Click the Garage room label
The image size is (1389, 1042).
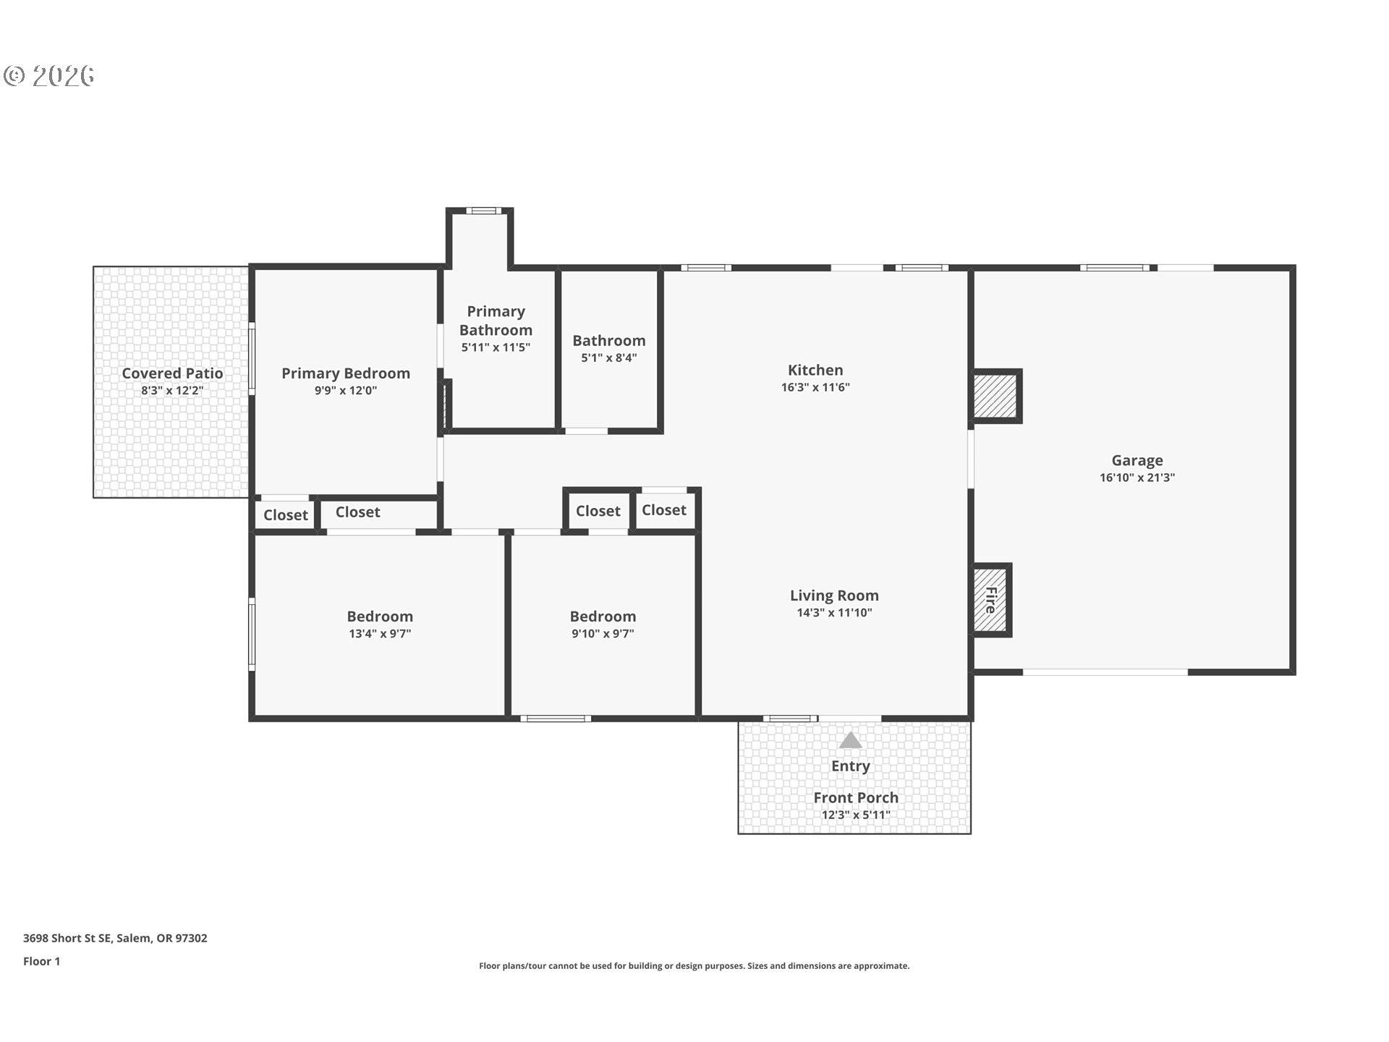[1137, 460]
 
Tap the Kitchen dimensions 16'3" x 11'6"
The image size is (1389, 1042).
[815, 387]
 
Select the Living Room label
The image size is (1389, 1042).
[833, 596]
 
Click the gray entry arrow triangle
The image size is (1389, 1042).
[850, 740]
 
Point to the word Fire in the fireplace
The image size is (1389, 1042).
[990, 600]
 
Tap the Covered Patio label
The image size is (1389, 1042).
[172, 373]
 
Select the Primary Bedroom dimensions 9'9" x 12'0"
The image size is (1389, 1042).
[345, 391]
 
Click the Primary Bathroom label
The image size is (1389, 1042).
[496, 321]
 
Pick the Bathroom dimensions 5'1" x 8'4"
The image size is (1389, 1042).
[608, 357]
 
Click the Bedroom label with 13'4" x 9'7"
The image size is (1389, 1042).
[380, 617]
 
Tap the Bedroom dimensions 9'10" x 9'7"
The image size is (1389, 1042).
[602, 634]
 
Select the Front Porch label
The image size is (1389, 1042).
[855, 797]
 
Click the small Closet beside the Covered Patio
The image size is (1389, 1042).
[285, 515]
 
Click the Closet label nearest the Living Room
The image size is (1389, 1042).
[663, 510]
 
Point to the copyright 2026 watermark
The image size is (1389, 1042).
[49, 76]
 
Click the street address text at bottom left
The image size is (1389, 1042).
[115, 938]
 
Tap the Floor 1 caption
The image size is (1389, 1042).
[41, 961]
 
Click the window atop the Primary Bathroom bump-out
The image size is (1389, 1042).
[483, 211]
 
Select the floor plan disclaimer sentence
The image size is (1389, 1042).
[694, 966]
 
